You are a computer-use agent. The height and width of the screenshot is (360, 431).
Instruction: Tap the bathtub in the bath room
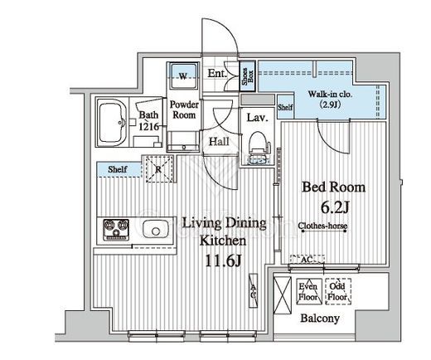[113, 123]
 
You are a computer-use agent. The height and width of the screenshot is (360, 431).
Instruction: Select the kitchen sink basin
[155, 229]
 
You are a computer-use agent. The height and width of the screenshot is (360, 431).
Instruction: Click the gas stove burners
[116, 230]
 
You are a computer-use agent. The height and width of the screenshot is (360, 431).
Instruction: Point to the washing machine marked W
[183, 75]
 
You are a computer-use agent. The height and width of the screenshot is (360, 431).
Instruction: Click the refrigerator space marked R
[159, 169]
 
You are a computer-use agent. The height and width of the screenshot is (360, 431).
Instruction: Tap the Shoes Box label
[248, 76]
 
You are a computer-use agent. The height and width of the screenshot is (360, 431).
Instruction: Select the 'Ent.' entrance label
[217, 73]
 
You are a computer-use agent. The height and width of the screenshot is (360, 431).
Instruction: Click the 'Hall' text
[219, 142]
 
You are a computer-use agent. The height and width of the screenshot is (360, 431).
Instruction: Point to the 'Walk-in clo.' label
[330, 95]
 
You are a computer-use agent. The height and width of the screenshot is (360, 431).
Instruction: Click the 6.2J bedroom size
[335, 207]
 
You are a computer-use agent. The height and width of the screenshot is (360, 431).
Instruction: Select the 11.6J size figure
[224, 260]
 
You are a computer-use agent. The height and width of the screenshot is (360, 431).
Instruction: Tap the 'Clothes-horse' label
[322, 226]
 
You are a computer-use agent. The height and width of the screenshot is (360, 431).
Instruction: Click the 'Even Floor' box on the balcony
[309, 291]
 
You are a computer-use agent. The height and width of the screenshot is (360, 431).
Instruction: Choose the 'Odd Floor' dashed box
[338, 291]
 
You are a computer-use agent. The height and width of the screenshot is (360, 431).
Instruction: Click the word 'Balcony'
[320, 319]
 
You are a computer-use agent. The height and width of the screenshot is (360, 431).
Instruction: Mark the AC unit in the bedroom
[307, 259]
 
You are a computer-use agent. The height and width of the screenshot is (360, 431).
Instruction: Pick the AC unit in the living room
[254, 290]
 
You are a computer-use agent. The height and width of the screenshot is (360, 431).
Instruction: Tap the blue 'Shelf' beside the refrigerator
[119, 169]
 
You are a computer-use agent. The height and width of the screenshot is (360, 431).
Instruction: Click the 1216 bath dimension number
[149, 127]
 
